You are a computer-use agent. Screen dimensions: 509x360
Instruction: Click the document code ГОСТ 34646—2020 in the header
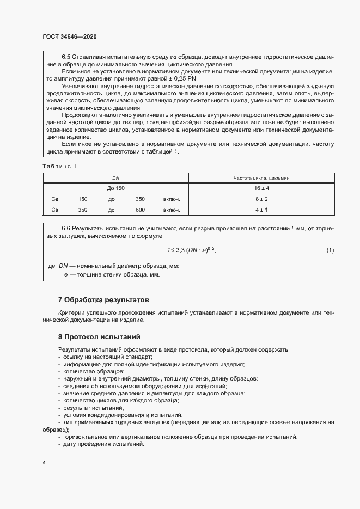(x=70, y=36)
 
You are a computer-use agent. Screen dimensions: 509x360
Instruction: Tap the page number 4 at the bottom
(x=44, y=462)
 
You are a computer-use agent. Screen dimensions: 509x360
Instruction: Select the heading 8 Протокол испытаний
(x=99, y=337)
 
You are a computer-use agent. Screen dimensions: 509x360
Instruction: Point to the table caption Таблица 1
(x=59, y=165)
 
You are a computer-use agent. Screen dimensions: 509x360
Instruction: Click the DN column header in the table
(x=115, y=178)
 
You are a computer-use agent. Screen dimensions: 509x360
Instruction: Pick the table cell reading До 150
(x=115, y=188)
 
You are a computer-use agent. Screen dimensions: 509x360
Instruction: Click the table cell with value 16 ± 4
(x=261, y=188)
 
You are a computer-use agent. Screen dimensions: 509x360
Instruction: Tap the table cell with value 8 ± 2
(x=261, y=199)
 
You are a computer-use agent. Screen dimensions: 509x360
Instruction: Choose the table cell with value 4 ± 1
(x=261, y=210)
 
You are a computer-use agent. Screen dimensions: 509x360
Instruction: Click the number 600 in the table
(x=140, y=210)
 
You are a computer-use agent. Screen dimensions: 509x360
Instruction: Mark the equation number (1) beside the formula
(x=330, y=250)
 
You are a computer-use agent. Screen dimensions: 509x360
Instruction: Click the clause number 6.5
(x=66, y=57)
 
